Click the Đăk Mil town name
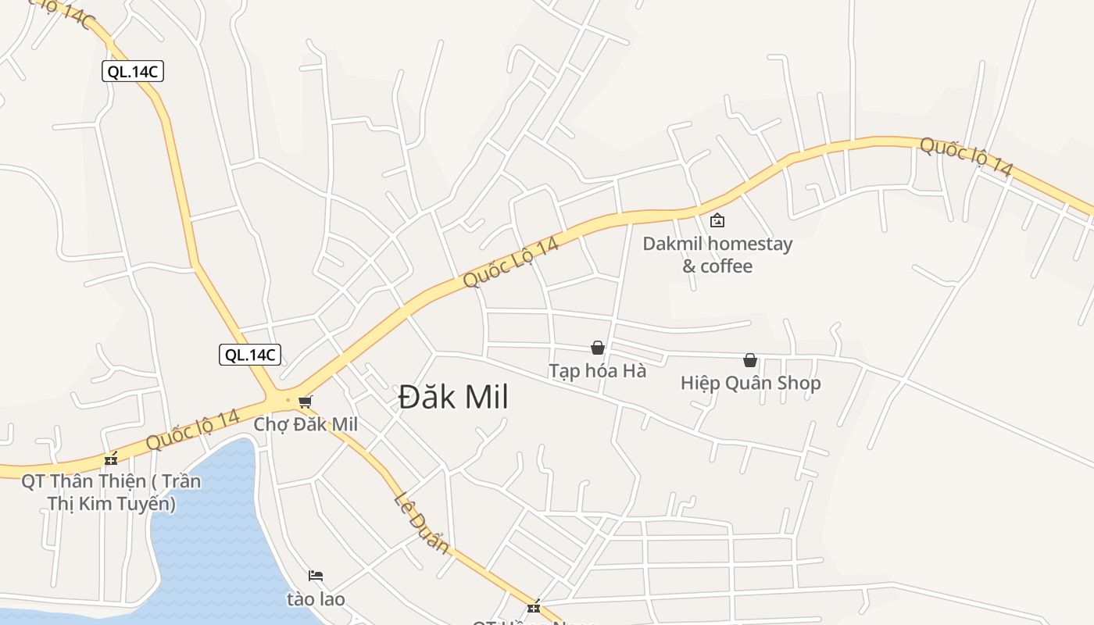[x=453, y=398]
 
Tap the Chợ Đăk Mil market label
[x=306, y=424]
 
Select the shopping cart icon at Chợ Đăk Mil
[x=305, y=402]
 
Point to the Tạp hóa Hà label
[x=597, y=370]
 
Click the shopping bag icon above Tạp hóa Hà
[x=598, y=348]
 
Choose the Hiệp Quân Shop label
[x=750, y=383]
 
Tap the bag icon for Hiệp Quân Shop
[x=750, y=360]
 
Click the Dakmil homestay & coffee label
[x=717, y=255]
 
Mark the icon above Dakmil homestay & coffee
[x=717, y=220]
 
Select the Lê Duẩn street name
[x=423, y=522]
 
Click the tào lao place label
[x=316, y=599]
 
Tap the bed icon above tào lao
[x=316, y=576]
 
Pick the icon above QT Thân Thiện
[x=111, y=458]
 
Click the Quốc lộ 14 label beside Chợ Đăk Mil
[x=192, y=430]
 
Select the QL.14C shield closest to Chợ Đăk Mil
[x=249, y=355]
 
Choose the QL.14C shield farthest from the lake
[x=133, y=72]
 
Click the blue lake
[x=211, y=539]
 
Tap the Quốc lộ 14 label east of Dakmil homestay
[x=966, y=156]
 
